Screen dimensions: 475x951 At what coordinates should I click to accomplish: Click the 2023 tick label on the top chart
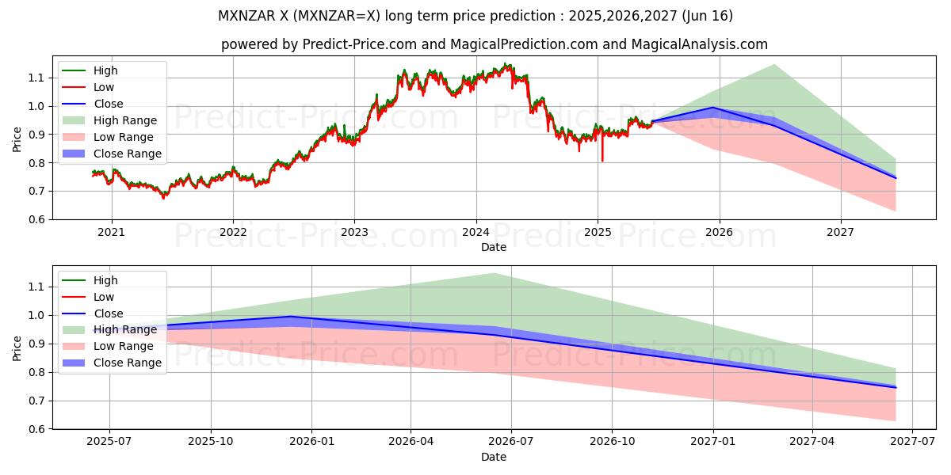tap(354, 233)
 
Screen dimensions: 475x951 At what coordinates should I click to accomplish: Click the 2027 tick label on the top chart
tap(840, 233)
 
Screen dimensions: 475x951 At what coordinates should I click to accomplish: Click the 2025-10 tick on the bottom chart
tap(211, 443)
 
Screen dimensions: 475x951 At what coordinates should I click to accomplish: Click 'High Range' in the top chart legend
tap(124, 120)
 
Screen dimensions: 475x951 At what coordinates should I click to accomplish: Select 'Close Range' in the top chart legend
tap(127, 154)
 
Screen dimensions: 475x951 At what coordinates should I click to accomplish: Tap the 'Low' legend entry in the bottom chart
tap(104, 297)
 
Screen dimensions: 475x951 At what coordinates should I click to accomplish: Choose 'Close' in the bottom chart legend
tap(108, 313)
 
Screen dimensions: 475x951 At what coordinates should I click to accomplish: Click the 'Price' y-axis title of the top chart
tap(17, 138)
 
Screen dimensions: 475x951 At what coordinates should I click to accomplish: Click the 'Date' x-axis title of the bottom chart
tap(494, 457)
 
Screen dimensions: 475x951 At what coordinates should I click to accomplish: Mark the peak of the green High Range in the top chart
tap(773, 64)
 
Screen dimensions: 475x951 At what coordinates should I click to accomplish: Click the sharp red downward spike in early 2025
tap(602, 160)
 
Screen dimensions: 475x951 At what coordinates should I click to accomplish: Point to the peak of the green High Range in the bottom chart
tap(494, 273)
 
